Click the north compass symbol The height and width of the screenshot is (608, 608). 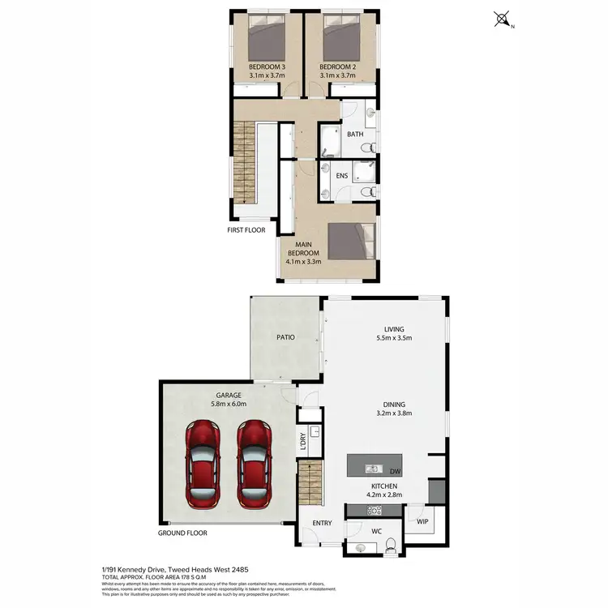tap(503, 18)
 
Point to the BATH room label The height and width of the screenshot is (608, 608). tap(355, 135)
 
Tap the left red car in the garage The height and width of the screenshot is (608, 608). tap(201, 465)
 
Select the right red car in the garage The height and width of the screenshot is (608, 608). tap(253, 465)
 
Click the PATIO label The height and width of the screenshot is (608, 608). tap(285, 337)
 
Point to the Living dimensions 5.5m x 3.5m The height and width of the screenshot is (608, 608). tap(394, 339)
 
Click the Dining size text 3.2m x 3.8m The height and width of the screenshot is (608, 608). tap(394, 413)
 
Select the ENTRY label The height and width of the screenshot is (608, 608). tap(322, 524)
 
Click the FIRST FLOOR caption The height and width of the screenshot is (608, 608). tap(246, 230)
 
